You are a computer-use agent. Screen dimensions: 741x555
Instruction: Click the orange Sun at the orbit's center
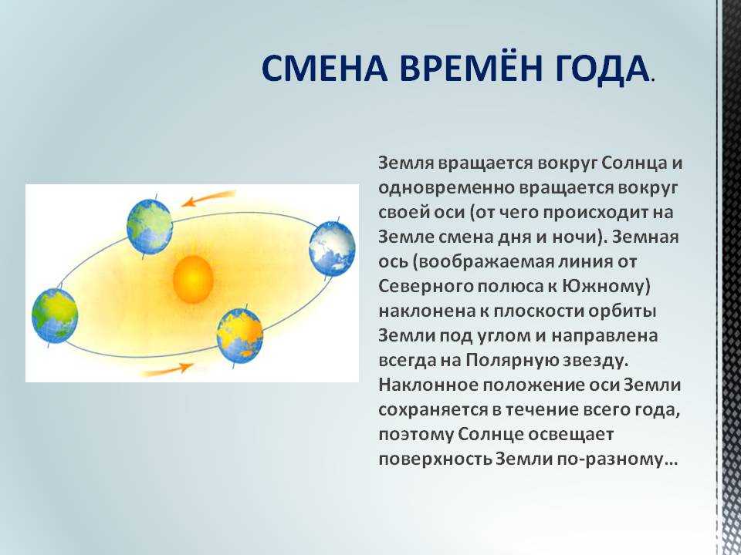193,279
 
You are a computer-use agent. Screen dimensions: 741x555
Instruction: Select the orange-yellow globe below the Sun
239,335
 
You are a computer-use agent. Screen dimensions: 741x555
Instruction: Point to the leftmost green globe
55,316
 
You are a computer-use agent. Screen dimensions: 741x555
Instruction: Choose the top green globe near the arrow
149,227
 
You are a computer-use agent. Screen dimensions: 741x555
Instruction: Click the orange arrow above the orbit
208,199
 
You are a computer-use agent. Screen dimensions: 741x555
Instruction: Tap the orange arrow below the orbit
167,370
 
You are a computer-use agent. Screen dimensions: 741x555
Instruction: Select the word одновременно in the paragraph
446,188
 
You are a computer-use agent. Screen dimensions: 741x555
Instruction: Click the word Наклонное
428,385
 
